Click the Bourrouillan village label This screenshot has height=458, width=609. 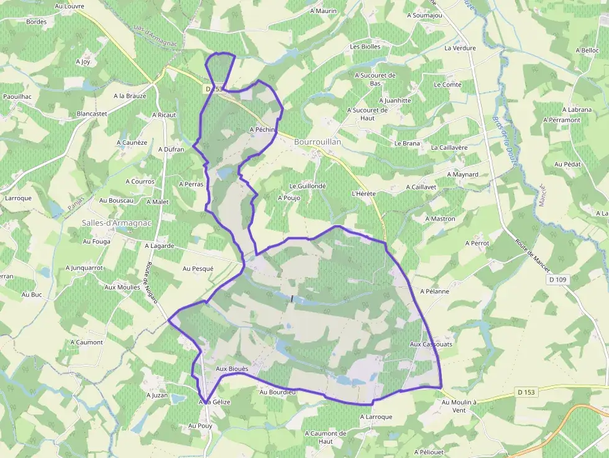[x=318, y=142]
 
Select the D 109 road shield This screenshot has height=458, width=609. [x=558, y=280]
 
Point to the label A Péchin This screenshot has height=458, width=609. [x=262, y=130]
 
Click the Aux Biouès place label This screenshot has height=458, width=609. [x=232, y=369]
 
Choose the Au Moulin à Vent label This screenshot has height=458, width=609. [x=459, y=406]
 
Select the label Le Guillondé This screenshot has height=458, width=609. [x=308, y=186]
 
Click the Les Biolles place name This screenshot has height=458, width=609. [x=365, y=47]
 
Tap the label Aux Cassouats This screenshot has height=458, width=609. [x=431, y=344]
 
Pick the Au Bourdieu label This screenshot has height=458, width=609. [x=278, y=392]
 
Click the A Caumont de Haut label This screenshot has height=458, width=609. [x=326, y=437]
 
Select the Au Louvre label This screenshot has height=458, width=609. [x=69, y=6]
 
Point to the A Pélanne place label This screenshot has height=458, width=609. [x=435, y=291]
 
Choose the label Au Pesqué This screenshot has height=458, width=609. [x=198, y=268]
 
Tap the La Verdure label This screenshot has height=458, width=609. [x=460, y=48]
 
